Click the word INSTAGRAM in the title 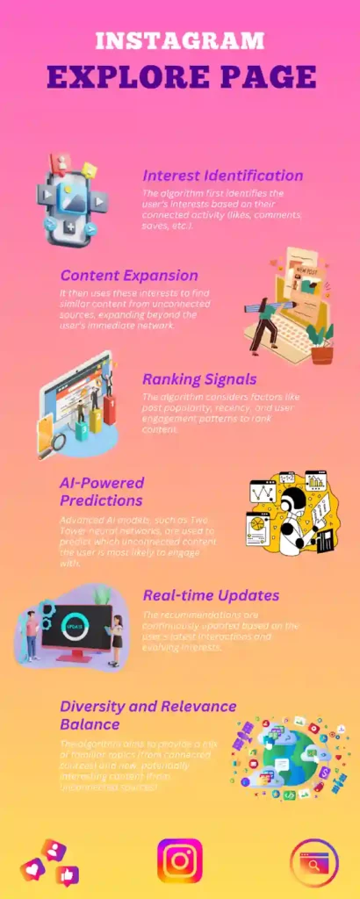coord(179,40)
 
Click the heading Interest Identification coord(223,176)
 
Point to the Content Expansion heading coord(129,276)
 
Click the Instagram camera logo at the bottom coord(179,860)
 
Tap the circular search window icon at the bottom coord(313,861)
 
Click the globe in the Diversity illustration coord(291,754)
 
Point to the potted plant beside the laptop coord(321,343)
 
